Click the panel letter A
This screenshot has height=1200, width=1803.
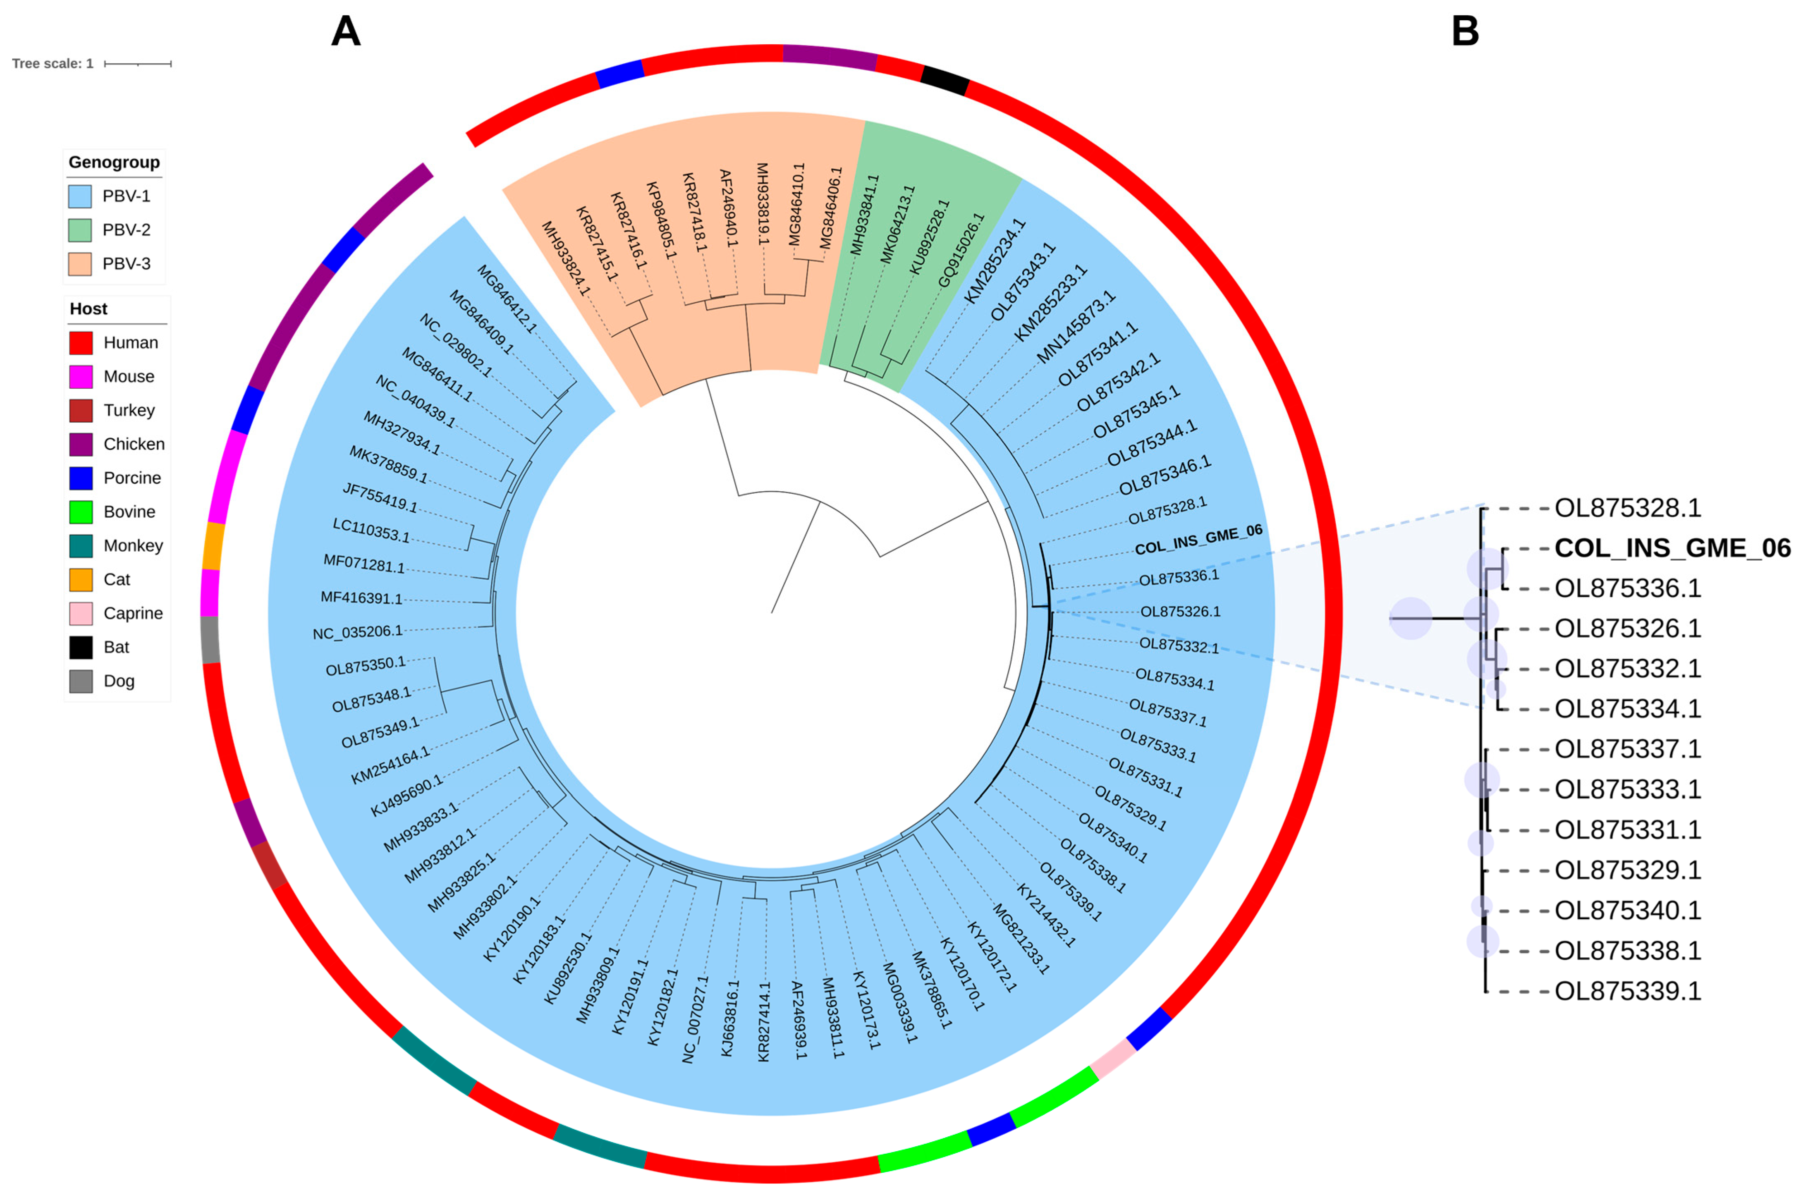click(345, 32)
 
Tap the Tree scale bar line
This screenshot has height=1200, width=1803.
click(138, 64)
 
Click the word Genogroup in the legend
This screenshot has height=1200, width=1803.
click(114, 162)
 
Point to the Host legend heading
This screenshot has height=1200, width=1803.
click(89, 309)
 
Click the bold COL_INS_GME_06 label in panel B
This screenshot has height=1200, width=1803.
click(1672, 548)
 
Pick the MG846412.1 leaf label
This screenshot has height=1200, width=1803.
click(507, 299)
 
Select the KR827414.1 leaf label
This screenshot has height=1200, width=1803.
click(764, 1022)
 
